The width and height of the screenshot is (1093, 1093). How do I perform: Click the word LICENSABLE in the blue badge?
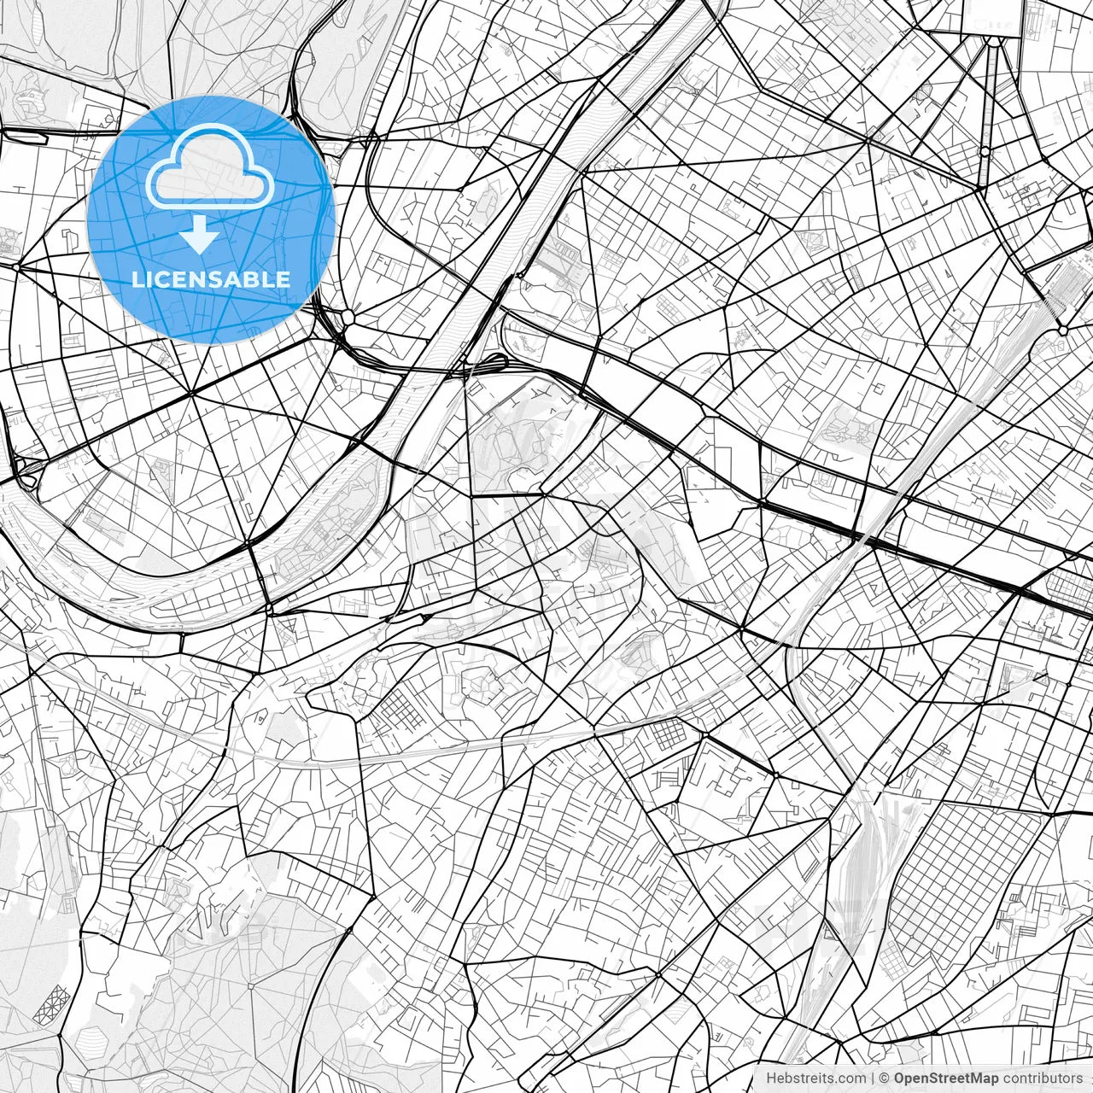coord(210,279)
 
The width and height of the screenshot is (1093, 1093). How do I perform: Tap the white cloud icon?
coord(210,167)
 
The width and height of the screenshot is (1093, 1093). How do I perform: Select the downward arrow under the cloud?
coord(199,234)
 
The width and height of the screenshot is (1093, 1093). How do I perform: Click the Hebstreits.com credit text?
coord(815,1078)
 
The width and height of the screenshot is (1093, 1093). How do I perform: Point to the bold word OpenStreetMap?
coord(944,1078)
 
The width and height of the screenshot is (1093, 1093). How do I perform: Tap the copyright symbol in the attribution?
coord(885,1078)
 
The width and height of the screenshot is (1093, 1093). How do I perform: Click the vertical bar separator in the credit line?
coord(874,1078)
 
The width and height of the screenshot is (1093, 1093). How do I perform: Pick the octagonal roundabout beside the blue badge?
coord(348,318)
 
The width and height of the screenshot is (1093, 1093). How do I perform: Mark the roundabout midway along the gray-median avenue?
coord(985,151)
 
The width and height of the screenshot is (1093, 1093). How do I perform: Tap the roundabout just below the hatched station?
coord(1063,329)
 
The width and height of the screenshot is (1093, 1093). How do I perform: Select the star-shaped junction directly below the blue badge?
coord(190,394)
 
